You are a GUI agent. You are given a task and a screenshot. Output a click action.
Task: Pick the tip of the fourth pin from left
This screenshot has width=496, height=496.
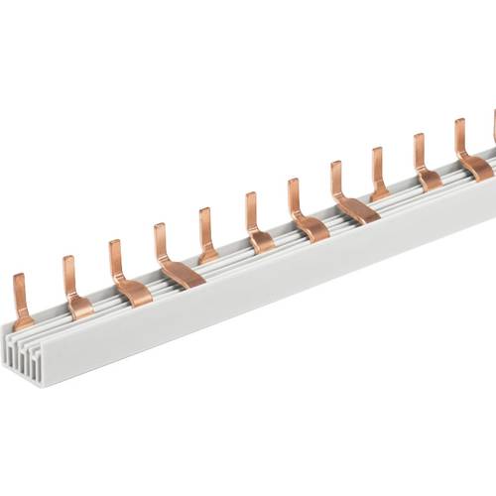click(159, 231)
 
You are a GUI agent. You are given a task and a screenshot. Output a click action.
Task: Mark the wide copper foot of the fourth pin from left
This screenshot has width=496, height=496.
click(181, 273)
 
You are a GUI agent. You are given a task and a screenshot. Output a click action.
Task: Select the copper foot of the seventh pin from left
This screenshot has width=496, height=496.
click(310, 227)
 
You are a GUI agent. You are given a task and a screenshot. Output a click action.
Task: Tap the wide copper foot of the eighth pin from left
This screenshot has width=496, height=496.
click(357, 208)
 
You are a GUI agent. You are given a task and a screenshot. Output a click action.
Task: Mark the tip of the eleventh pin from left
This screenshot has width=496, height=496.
click(459, 125)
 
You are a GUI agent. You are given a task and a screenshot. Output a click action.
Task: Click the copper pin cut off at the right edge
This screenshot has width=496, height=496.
click(494, 124)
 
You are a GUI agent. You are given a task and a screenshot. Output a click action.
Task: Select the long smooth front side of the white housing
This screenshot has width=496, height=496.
click(278, 278)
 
